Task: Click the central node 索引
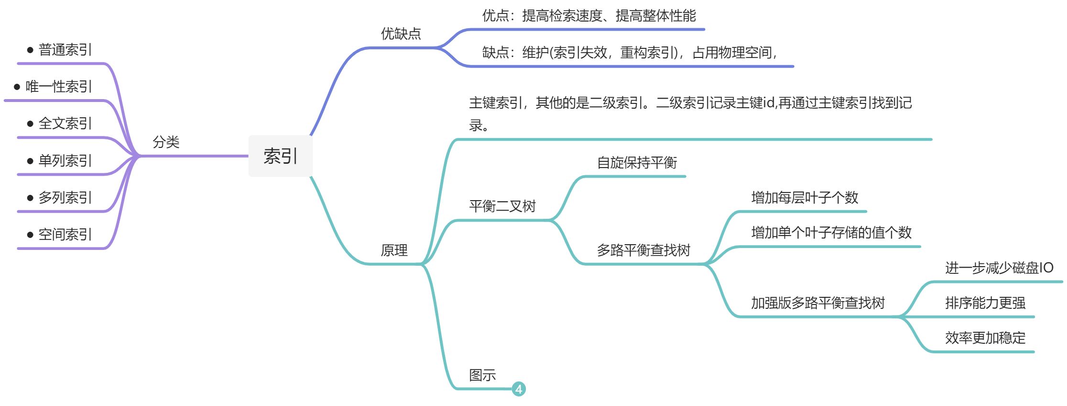[x=281, y=156]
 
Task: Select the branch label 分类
[x=166, y=142]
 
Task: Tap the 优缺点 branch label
[x=401, y=34]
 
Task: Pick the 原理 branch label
[x=394, y=250]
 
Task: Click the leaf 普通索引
[x=65, y=50]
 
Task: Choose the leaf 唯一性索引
[x=58, y=87]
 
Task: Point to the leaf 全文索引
[x=65, y=124]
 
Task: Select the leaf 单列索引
[x=65, y=161]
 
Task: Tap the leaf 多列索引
[x=65, y=198]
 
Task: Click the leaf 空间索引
[x=65, y=235]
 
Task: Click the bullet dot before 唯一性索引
[x=17, y=87]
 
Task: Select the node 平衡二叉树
[x=502, y=206]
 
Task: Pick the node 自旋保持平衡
[x=637, y=163]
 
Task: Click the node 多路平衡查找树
[x=643, y=250]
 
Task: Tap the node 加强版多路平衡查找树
[x=818, y=303]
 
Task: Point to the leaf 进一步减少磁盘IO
[x=999, y=268]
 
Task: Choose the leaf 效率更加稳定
[x=985, y=338]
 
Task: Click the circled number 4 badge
[x=519, y=389]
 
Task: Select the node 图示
[x=482, y=375]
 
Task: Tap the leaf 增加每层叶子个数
[x=805, y=198]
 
